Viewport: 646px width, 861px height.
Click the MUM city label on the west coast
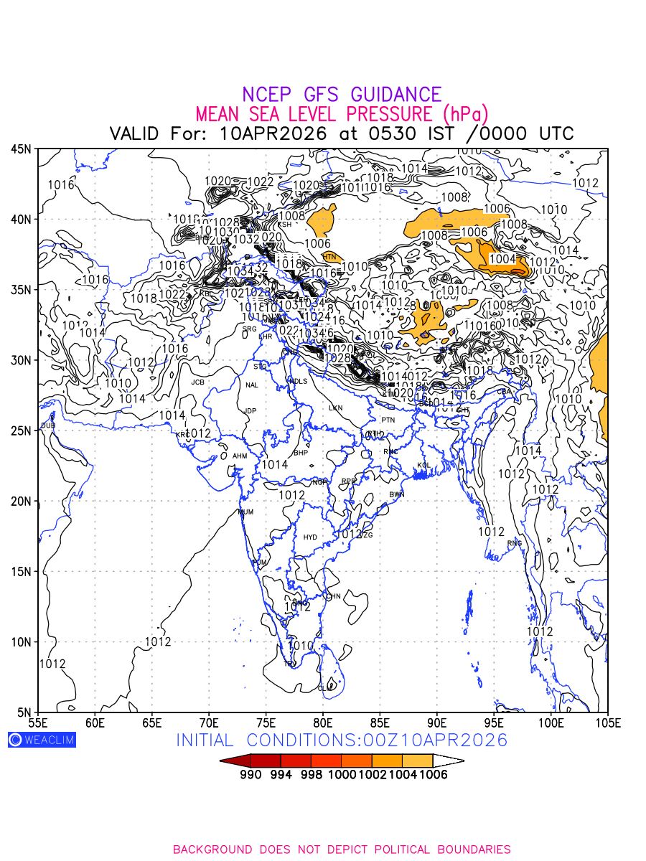coord(245,512)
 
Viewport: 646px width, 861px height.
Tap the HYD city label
coord(310,537)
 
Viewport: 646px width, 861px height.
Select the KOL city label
coord(423,466)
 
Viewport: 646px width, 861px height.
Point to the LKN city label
coord(335,408)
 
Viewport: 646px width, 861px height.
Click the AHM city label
coord(240,456)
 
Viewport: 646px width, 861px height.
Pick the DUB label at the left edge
coord(47,425)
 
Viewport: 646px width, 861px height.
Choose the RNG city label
coord(515,543)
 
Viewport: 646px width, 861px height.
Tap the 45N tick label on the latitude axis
coord(21,149)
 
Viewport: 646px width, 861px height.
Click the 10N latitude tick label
coord(21,641)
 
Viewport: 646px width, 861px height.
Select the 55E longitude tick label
coord(38,722)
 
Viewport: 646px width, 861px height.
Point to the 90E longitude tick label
coord(437,722)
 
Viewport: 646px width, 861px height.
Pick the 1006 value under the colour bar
coord(433,775)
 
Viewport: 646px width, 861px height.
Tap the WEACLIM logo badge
coord(42,740)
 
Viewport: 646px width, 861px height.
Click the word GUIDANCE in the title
coord(395,95)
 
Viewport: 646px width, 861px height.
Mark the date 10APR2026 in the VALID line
coord(273,133)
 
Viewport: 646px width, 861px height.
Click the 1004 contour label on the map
coord(502,258)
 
